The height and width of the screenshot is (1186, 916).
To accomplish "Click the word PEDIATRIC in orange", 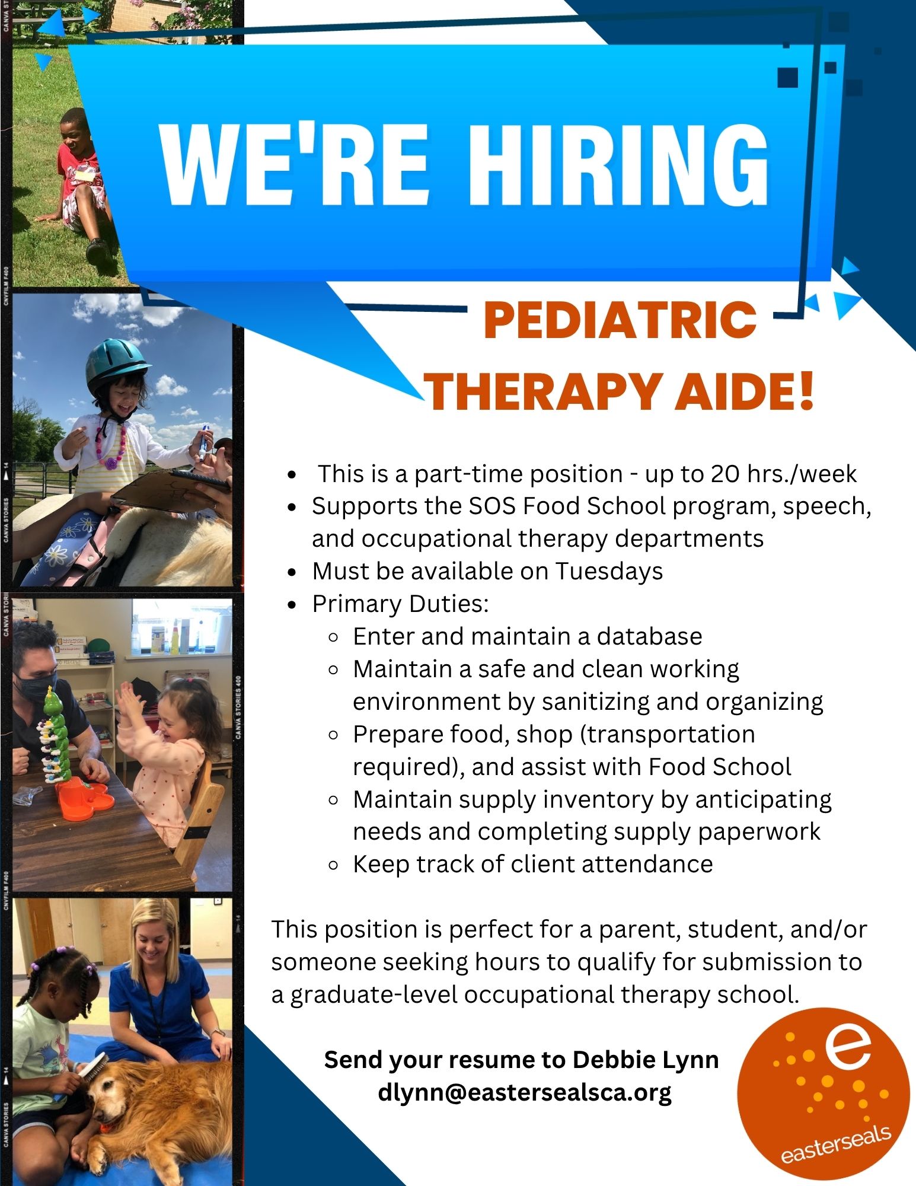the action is (620, 320).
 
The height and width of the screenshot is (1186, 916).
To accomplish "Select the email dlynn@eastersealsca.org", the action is (525, 1092).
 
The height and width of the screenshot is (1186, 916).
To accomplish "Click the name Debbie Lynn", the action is (645, 1059).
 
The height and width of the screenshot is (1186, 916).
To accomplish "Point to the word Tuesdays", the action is (609, 572).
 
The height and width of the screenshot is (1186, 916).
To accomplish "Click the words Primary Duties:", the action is (401, 604).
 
